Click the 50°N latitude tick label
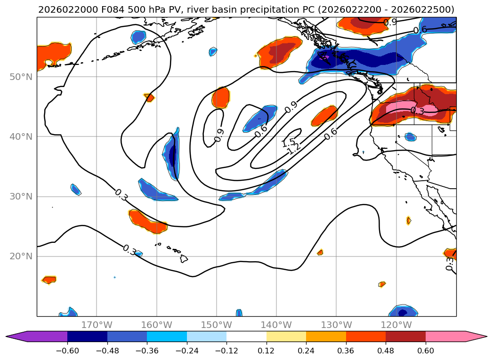pyautogui.click(x=21, y=77)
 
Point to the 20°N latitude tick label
pyautogui.click(x=21, y=256)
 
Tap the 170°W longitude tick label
pyautogui.click(x=97, y=325)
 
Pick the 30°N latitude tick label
pyautogui.click(x=21, y=197)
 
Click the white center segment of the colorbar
pyautogui.click(x=246, y=336)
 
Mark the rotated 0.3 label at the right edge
pyautogui.click(x=450, y=263)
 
